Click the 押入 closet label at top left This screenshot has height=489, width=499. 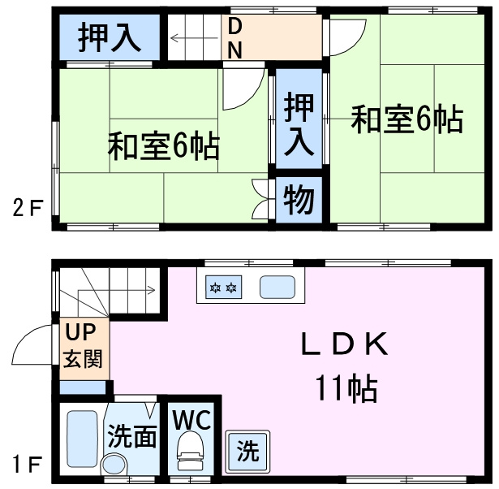pos(108,37)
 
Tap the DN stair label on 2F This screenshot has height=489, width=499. pos(234,37)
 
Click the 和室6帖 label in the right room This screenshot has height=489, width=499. pos(407,120)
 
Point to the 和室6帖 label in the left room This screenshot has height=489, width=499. pos(163,147)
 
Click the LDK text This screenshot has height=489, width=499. pos(346,345)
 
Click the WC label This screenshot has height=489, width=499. pos(191,420)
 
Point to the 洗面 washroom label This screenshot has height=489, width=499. pos(132,437)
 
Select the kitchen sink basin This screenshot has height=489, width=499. pos(276,288)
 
